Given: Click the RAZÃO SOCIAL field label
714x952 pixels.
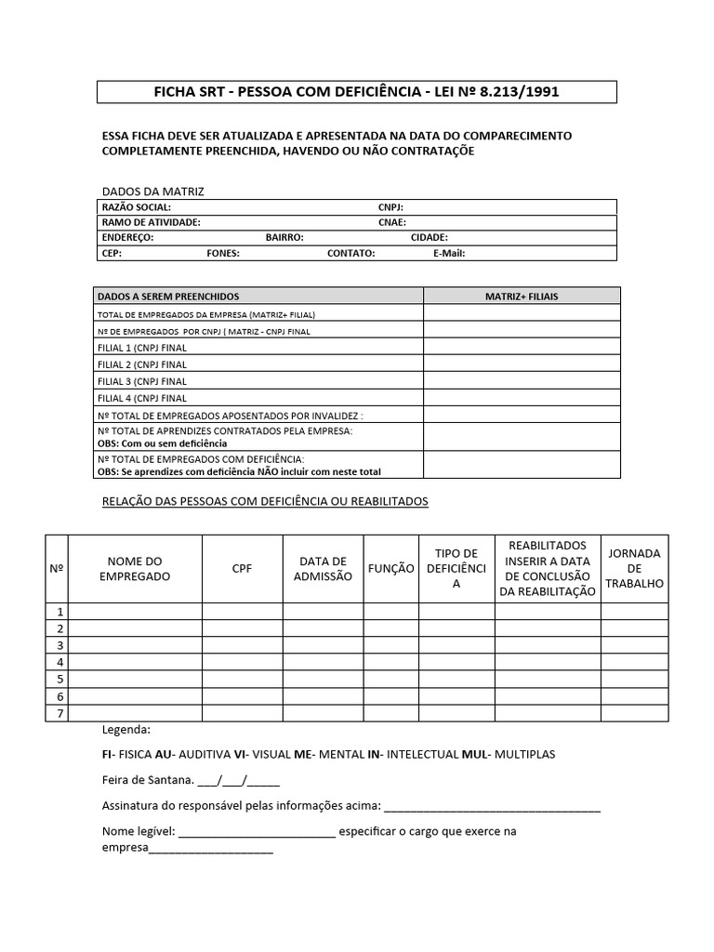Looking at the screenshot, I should (x=136, y=207).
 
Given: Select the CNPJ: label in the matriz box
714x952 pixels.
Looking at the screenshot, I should (x=390, y=207).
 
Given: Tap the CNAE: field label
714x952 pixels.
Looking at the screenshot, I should (x=391, y=222).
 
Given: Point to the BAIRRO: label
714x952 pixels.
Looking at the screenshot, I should (x=284, y=237).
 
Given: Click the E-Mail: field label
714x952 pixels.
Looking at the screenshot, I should (x=449, y=253).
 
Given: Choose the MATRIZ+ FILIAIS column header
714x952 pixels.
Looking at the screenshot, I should (x=522, y=297).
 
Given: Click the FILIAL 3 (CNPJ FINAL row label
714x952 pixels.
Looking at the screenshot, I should (x=142, y=381).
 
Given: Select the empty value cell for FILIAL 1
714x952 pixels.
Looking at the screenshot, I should (x=522, y=348).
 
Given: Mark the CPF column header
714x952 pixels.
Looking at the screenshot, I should (x=242, y=568).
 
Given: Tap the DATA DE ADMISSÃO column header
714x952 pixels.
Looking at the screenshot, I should (x=323, y=568).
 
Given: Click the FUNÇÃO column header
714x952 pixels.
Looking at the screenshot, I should (x=391, y=568).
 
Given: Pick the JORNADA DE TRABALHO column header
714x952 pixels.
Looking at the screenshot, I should (x=634, y=568).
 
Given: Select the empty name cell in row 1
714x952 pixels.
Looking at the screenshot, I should (x=136, y=612).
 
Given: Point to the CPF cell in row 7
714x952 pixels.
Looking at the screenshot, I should (x=242, y=713).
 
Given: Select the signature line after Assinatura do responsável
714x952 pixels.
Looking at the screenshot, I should (x=492, y=805).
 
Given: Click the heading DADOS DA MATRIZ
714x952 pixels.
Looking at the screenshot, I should (x=152, y=192).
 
